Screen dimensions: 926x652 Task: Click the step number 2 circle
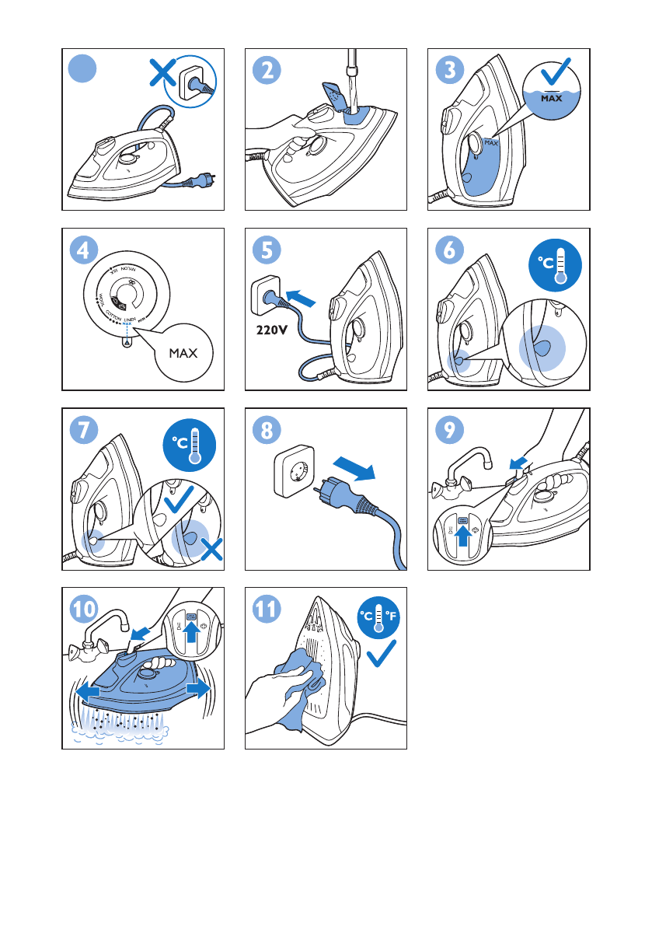267,71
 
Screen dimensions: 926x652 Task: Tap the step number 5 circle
267,250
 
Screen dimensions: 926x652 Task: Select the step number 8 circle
267,430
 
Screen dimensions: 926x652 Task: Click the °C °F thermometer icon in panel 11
378,617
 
